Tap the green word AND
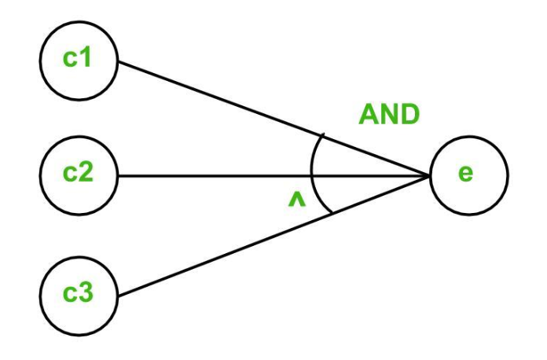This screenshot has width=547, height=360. [389, 115]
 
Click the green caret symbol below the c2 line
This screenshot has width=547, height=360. [296, 202]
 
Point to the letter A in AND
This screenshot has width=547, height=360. [369, 115]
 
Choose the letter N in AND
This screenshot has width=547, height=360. [389, 115]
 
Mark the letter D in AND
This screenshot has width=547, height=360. [409, 115]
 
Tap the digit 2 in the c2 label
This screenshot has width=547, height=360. [86, 172]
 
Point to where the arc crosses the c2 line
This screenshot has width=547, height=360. [312, 174]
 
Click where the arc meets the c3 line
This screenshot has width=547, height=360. [326, 212]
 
